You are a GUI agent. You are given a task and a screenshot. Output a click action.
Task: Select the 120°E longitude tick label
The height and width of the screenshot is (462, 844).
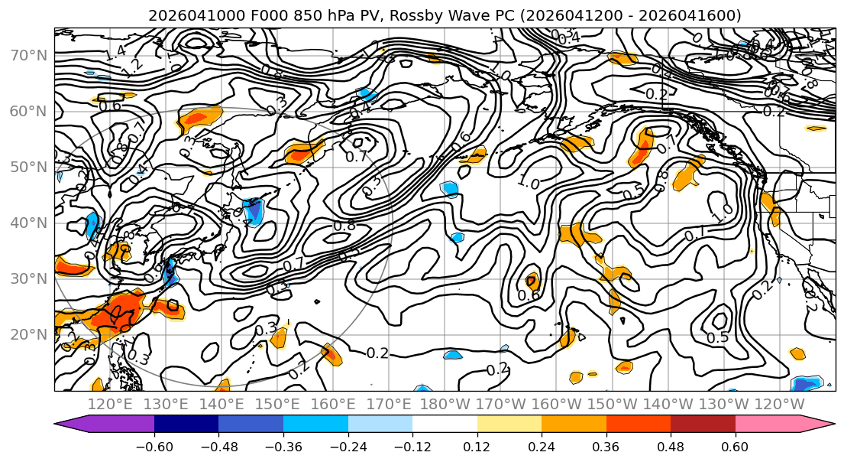coord(112,404)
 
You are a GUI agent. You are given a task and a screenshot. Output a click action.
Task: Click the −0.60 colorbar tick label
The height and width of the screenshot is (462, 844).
coord(154,446)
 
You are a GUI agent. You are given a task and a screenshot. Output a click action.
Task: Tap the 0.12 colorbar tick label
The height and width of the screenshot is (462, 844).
coord(477,446)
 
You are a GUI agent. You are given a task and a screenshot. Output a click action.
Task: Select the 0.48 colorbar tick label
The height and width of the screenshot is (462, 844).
coord(671,446)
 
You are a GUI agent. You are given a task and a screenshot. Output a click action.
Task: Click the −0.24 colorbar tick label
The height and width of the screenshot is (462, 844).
coord(348,446)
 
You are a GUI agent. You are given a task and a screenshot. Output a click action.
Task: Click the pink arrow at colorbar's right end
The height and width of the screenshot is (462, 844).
coord(825,425)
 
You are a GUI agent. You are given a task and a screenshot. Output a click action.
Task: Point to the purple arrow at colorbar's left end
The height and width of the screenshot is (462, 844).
coord(64,425)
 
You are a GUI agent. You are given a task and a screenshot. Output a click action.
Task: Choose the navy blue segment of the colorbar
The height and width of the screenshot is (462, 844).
coord(186,425)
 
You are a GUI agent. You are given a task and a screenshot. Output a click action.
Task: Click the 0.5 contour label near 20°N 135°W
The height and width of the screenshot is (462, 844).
coord(716,337)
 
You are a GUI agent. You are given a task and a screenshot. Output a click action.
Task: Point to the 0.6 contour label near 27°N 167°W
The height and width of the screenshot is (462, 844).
coord(529,295)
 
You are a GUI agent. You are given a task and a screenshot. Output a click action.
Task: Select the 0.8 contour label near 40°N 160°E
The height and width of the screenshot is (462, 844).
coord(344,226)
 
